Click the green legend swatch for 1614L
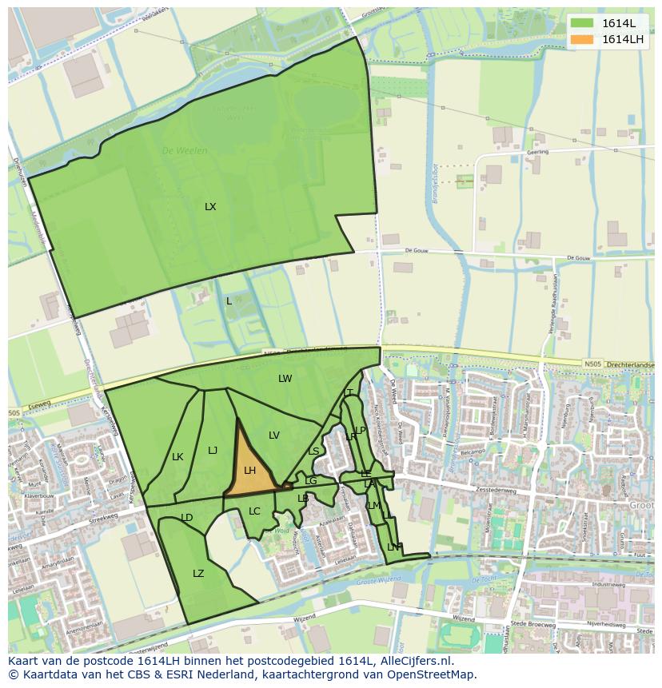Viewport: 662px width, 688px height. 583,23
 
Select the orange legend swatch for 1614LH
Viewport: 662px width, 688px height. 583,39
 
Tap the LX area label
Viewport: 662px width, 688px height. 210,207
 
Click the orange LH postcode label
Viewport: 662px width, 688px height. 249,471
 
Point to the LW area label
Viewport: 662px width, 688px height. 285,379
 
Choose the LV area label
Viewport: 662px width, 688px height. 274,435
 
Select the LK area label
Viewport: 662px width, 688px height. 177,457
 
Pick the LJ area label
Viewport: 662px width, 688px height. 213,451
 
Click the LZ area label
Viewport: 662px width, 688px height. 198,574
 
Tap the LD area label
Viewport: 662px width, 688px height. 187,518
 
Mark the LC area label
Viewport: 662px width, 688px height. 254,511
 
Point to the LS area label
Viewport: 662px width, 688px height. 313,451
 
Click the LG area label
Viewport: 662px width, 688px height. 310,481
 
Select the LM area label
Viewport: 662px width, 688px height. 373,506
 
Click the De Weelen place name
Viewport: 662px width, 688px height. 185,150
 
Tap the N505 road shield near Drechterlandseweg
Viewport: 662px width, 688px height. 592,364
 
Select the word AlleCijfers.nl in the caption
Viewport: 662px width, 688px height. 415,661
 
